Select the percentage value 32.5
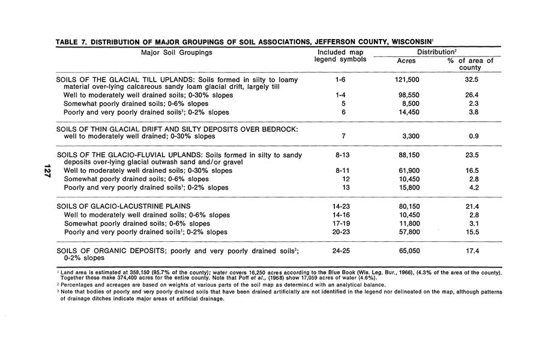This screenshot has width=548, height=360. [x=471, y=79]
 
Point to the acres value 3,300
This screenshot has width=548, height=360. [x=410, y=136]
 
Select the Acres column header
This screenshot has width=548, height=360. [x=407, y=61]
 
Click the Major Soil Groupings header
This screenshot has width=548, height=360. [x=176, y=52]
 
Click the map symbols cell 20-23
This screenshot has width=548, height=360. [x=340, y=232]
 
